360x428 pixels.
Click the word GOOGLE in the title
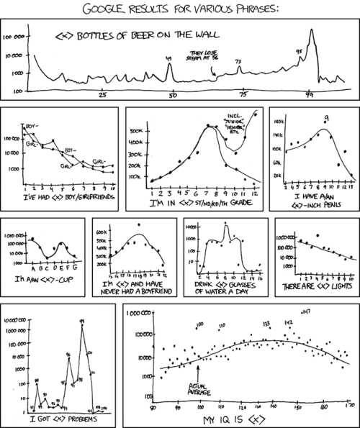[107, 9]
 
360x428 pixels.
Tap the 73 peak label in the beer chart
[238, 62]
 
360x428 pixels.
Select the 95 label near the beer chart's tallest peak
[299, 51]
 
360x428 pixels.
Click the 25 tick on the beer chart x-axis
[103, 96]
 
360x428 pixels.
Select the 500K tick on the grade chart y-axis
[136, 132]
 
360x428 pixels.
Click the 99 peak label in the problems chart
[83, 322]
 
